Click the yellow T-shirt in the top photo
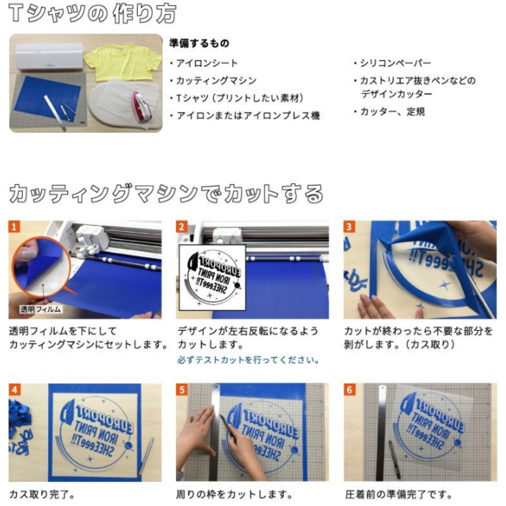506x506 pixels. click(x=123, y=61)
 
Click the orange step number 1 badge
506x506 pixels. click(x=14, y=226)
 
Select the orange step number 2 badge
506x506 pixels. click(x=182, y=226)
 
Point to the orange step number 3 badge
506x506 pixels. click(x=349, y=226)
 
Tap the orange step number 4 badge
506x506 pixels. click(x=14, y=390)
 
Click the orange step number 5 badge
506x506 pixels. click(x=182, y=390)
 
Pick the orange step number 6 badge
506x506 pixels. click(x=349, y=390)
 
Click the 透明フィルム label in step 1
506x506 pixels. click(x=40, y=309)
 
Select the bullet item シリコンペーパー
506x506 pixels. click(x=392, y=63)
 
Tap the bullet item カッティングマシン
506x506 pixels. click(x=213, y=80)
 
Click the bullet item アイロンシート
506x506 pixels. click(x=204, y=63)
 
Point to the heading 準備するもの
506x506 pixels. click(x=199, y=43)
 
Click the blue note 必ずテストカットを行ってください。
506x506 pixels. click(x=249, y=360)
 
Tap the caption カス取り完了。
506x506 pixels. click(x=42, y=495)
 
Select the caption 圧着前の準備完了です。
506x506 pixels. click(x=398, y=495)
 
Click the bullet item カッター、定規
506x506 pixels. click(x=389, y=112)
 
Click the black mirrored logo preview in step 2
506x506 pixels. click(x=213, y=278)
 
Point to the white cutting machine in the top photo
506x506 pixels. click(x=49, y=56)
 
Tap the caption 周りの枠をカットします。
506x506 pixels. click(x=235, y=495)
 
